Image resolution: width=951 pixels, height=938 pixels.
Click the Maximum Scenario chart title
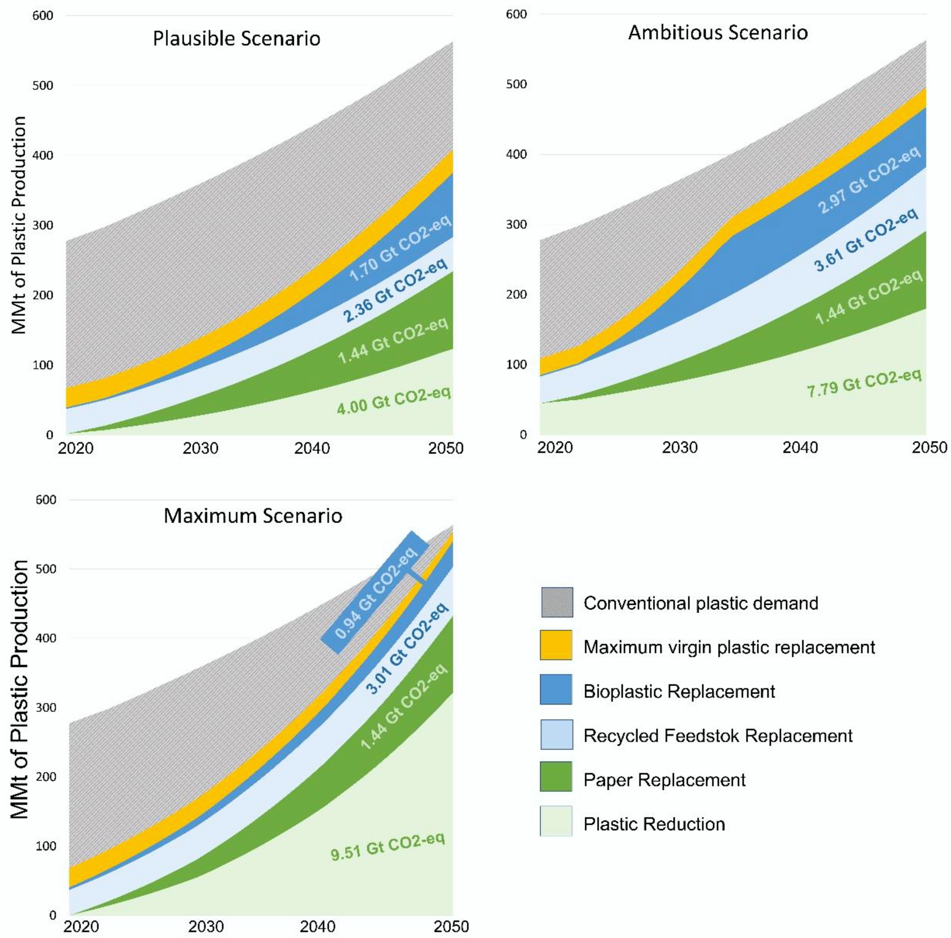click(253, 516)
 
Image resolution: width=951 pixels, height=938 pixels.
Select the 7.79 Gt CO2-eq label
click(864, 383)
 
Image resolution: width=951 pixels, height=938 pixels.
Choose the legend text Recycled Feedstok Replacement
click(718, 736)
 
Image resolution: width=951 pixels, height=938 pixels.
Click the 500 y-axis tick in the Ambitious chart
click(516, 84)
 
